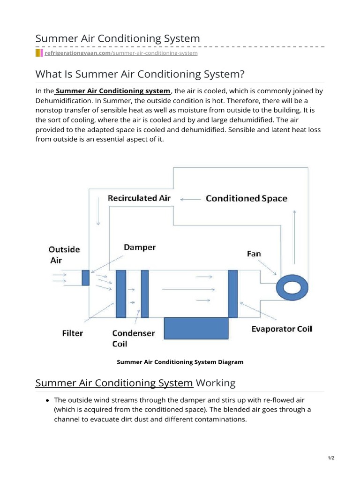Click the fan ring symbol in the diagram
292,285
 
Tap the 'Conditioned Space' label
246,198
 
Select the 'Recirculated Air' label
139,198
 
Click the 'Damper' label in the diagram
140,247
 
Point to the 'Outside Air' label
65,255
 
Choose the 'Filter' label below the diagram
72,333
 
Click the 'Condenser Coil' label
133,338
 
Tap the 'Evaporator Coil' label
282,329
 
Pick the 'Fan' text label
254,254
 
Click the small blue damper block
85,277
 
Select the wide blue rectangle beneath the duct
195,328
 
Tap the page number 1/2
331,458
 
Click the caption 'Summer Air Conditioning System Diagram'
180,362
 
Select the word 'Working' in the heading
216,383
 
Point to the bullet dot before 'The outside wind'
48,400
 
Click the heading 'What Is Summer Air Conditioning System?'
140,74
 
